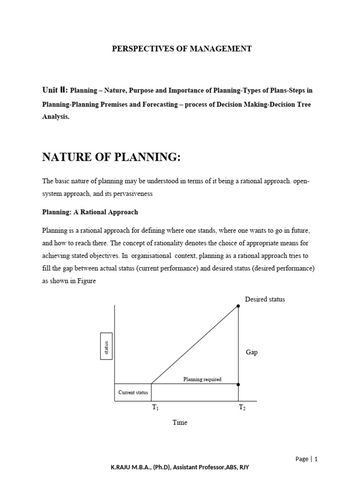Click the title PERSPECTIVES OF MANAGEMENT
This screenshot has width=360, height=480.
pos(181,49)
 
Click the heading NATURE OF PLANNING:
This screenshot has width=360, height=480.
pos(111,158)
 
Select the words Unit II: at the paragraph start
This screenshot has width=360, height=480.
pos(55,90)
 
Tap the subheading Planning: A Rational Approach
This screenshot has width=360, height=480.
pos(90,212)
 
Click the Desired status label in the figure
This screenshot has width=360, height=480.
pos(264,299)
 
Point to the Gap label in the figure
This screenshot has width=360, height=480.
pos(252,352)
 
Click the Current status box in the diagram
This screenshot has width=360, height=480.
pos(133,392)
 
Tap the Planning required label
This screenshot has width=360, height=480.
pos(202,379)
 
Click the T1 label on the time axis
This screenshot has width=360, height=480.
pos(155,408)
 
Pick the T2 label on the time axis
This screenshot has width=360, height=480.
pos(242,408)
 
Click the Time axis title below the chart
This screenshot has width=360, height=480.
pos(180,422)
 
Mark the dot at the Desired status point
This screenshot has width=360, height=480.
pos(238,306)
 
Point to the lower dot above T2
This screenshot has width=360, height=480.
pos(238,384)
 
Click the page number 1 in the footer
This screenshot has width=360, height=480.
pos(316,459)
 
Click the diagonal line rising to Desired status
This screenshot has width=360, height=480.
pos(195,345)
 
